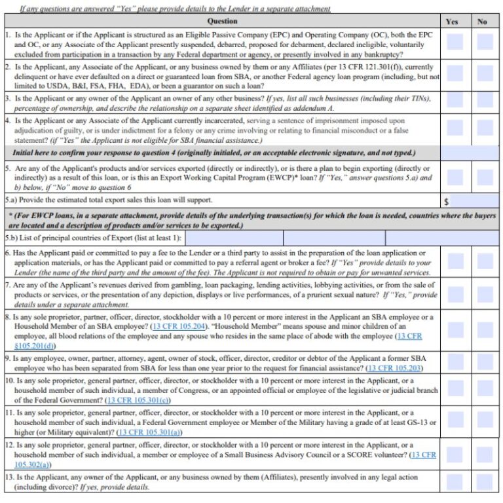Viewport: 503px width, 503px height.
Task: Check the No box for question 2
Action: [x=485, y=77]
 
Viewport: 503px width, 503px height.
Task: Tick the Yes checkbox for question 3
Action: [x=455, y=103]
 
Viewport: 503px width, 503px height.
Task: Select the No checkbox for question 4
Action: [x=485, y=130]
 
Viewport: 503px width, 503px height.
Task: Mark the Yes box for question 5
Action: [x=455, y=177]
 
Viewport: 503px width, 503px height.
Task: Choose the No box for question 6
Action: [x=485, y=262]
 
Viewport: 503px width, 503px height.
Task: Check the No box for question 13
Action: [x=485, y=482]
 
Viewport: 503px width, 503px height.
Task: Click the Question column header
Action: [x=222, y=21]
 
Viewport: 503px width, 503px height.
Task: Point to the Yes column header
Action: [x=452, y=21]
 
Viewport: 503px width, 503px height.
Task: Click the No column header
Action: [x=483, y=21]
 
